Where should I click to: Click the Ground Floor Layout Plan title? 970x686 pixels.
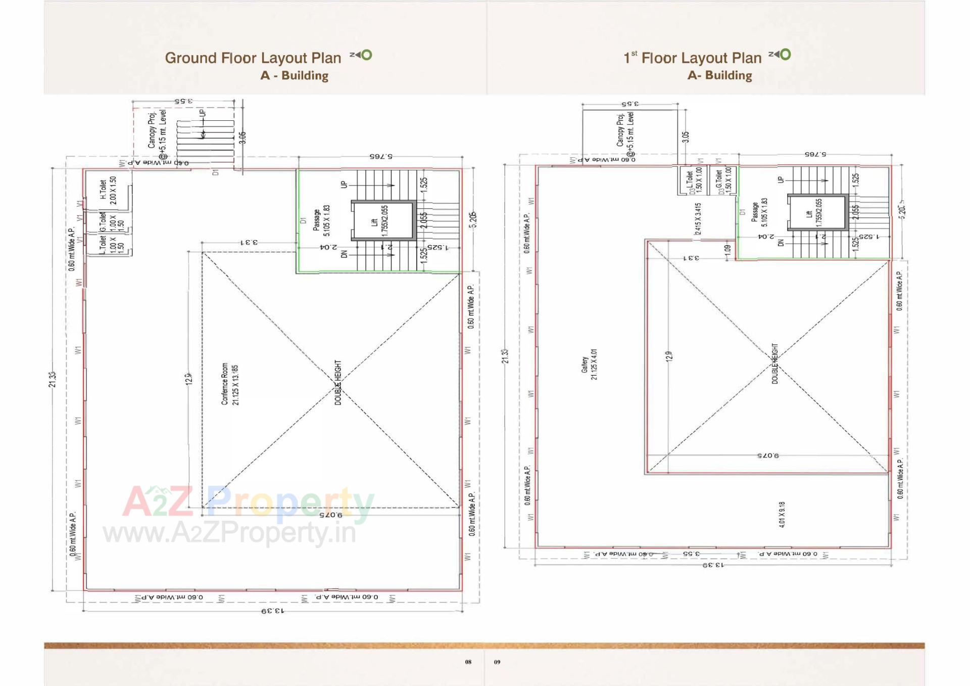tap(253, 58)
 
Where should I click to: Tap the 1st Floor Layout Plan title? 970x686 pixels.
tap(693, 58)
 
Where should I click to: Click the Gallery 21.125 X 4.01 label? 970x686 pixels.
tap(589, 364)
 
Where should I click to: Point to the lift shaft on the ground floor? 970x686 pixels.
tap(383, 220)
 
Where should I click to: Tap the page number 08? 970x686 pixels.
tap(468, 662)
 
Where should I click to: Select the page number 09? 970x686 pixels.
tap(497, 662)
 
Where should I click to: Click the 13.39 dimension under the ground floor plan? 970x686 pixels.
tap(273, 611)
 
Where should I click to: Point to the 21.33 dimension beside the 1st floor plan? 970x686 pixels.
tap(505, 356)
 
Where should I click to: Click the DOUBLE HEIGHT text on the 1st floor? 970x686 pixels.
tap(775, 363)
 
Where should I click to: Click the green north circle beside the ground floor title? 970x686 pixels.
tap(367, 55)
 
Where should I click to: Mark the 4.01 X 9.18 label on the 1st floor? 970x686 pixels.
tap(782, 515)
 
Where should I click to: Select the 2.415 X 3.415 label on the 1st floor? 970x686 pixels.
tap(698, 218)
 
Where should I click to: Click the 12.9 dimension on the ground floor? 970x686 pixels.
tap(189, 379)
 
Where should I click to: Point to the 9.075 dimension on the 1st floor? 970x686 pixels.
tap(768, 455)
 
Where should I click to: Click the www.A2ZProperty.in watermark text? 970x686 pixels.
tap(230, 533)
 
